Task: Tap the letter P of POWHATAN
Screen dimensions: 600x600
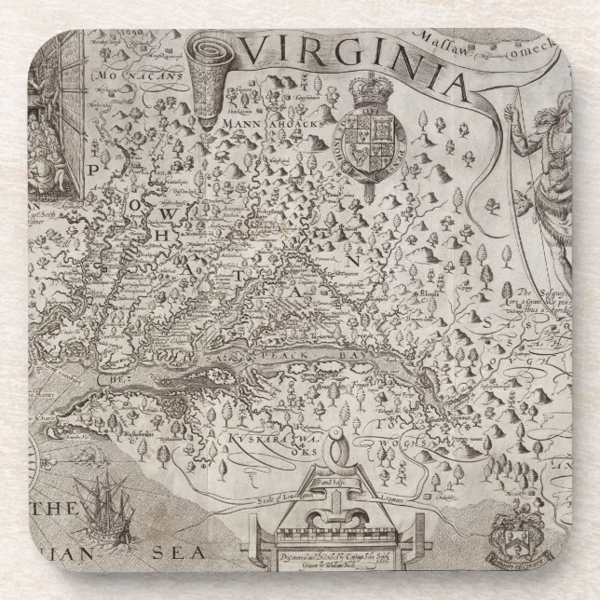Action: tap(94, 170)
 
